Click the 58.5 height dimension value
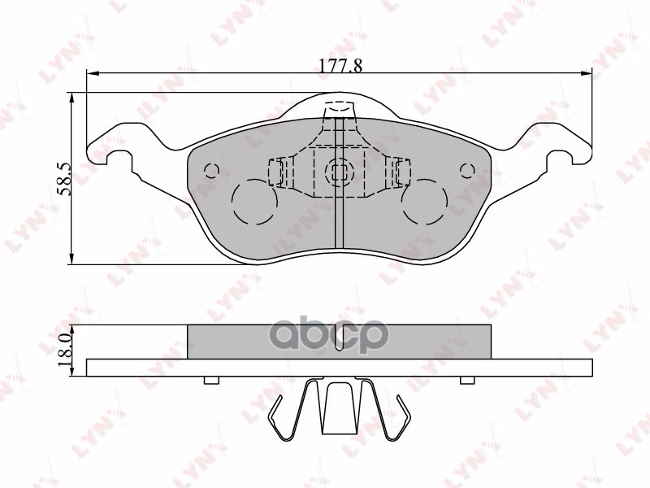coord(65,179)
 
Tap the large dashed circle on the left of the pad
coord(255,202)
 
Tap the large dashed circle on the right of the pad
coord(424,202)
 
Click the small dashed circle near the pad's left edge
coord(211,171)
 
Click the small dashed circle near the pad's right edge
coord(466,170)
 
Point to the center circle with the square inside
coord(337,172)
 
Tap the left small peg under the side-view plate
coord(211,381)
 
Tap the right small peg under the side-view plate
coord(467,381)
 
